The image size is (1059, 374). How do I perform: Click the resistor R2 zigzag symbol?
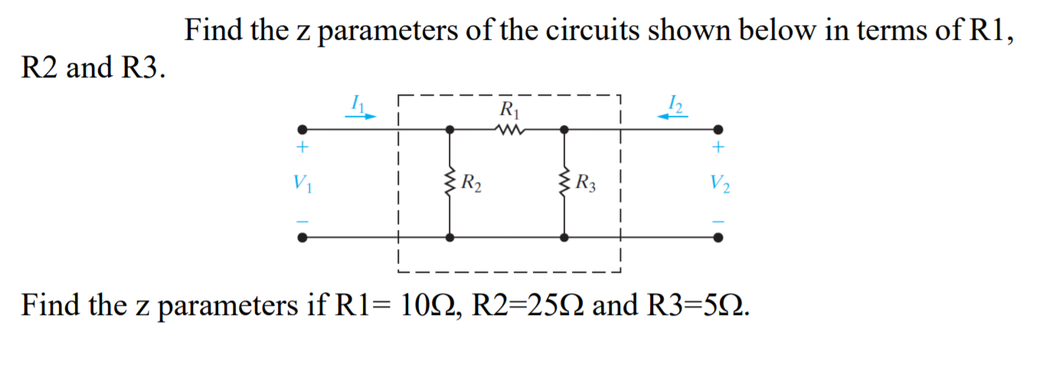tap(449, 183)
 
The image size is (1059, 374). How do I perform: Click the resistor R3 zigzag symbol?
tap(564, 183)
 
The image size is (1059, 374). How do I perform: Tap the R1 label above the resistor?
tap(508, 108)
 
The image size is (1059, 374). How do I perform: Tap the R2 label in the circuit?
tap(472, 184)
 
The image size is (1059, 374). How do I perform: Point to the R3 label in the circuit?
tap(587, 184)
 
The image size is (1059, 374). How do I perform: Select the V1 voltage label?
tap(302, 184)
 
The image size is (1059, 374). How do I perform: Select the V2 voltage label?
tap(720, 184)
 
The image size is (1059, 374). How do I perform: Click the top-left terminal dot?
tap(303, 130)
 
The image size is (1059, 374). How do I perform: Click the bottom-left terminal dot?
tap(303, 238)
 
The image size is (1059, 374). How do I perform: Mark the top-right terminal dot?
tap(717, 130)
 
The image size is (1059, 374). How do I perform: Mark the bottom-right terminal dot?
tap(717, 238)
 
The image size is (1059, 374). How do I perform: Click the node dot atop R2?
tap(449, 130)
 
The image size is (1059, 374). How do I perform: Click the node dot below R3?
tap(564, 238)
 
